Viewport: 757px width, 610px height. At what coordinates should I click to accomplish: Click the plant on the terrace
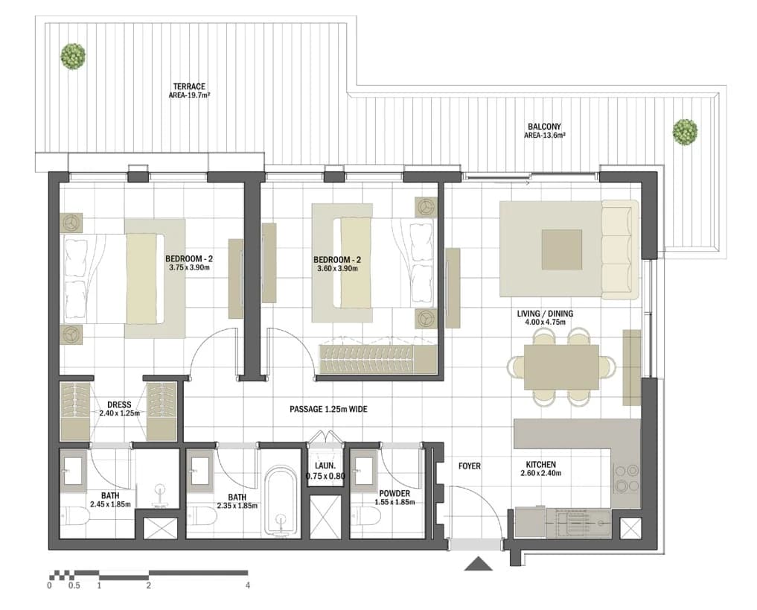pyautogui.click(x=73, y=56)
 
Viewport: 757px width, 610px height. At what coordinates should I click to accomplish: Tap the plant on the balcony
pyautogui.click(x=685, y=131)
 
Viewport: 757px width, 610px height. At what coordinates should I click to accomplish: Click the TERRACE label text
pyautogui.click(x=189, y=86)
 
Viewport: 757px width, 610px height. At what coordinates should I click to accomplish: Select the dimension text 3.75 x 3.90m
pyautogui.click(x=189, y=267)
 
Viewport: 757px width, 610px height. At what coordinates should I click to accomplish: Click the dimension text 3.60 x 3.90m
pyautogui.click(x=337, y=268)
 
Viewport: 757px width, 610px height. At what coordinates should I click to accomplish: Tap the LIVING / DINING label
pyautogui.click(x=545, y=314)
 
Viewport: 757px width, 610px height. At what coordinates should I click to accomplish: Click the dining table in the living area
pyautogui.click(x=561, y=367)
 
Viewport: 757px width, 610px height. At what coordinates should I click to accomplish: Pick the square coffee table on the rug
pyautogui.click(x=561, y=250)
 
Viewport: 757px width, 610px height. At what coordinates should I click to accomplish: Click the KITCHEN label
pyautogui.click(x=540, y=465)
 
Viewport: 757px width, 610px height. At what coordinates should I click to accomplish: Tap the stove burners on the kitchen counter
pyautogui.click(x=626, y=477)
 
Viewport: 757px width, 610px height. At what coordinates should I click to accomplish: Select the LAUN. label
pyautogui.click(x=325, y=466)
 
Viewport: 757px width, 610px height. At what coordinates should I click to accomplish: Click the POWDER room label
pyautogui.click(x=395, y=493)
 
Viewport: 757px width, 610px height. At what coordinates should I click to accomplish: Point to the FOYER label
pyautogui.click(x=469, y=466)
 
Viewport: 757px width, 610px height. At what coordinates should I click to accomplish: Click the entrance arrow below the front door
pyautogui.click(x=479, y=564)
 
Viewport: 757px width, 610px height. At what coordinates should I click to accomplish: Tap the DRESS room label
pyautogui.click(x=119, y=404)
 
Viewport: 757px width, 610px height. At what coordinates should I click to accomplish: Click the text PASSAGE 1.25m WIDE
pyautogui.click(x=328, y=409)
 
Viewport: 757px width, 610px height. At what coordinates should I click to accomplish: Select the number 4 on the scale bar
pyautogui.click(x=248, y=585)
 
